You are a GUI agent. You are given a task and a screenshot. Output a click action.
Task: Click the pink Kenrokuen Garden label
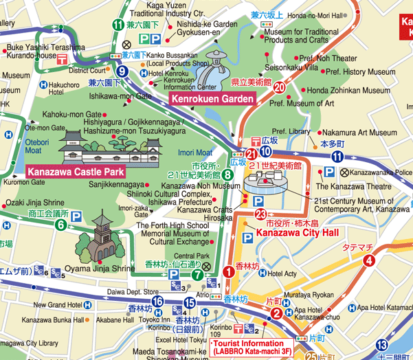(x=212, y=100)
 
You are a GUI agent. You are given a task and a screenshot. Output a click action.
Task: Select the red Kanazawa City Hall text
(x=297, y=234)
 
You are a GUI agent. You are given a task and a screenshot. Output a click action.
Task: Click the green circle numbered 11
(x=118, y=25)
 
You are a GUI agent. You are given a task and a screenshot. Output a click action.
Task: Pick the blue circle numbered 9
(x=123, y=71)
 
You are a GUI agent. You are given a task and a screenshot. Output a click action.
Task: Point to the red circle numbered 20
(x=279, y=87)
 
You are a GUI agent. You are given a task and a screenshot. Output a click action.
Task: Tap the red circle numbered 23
(x=260, y=214)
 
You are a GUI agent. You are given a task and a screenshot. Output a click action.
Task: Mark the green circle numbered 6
(x=60, y=224)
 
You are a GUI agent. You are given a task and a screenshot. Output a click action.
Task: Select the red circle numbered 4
(x=370, y=260)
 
